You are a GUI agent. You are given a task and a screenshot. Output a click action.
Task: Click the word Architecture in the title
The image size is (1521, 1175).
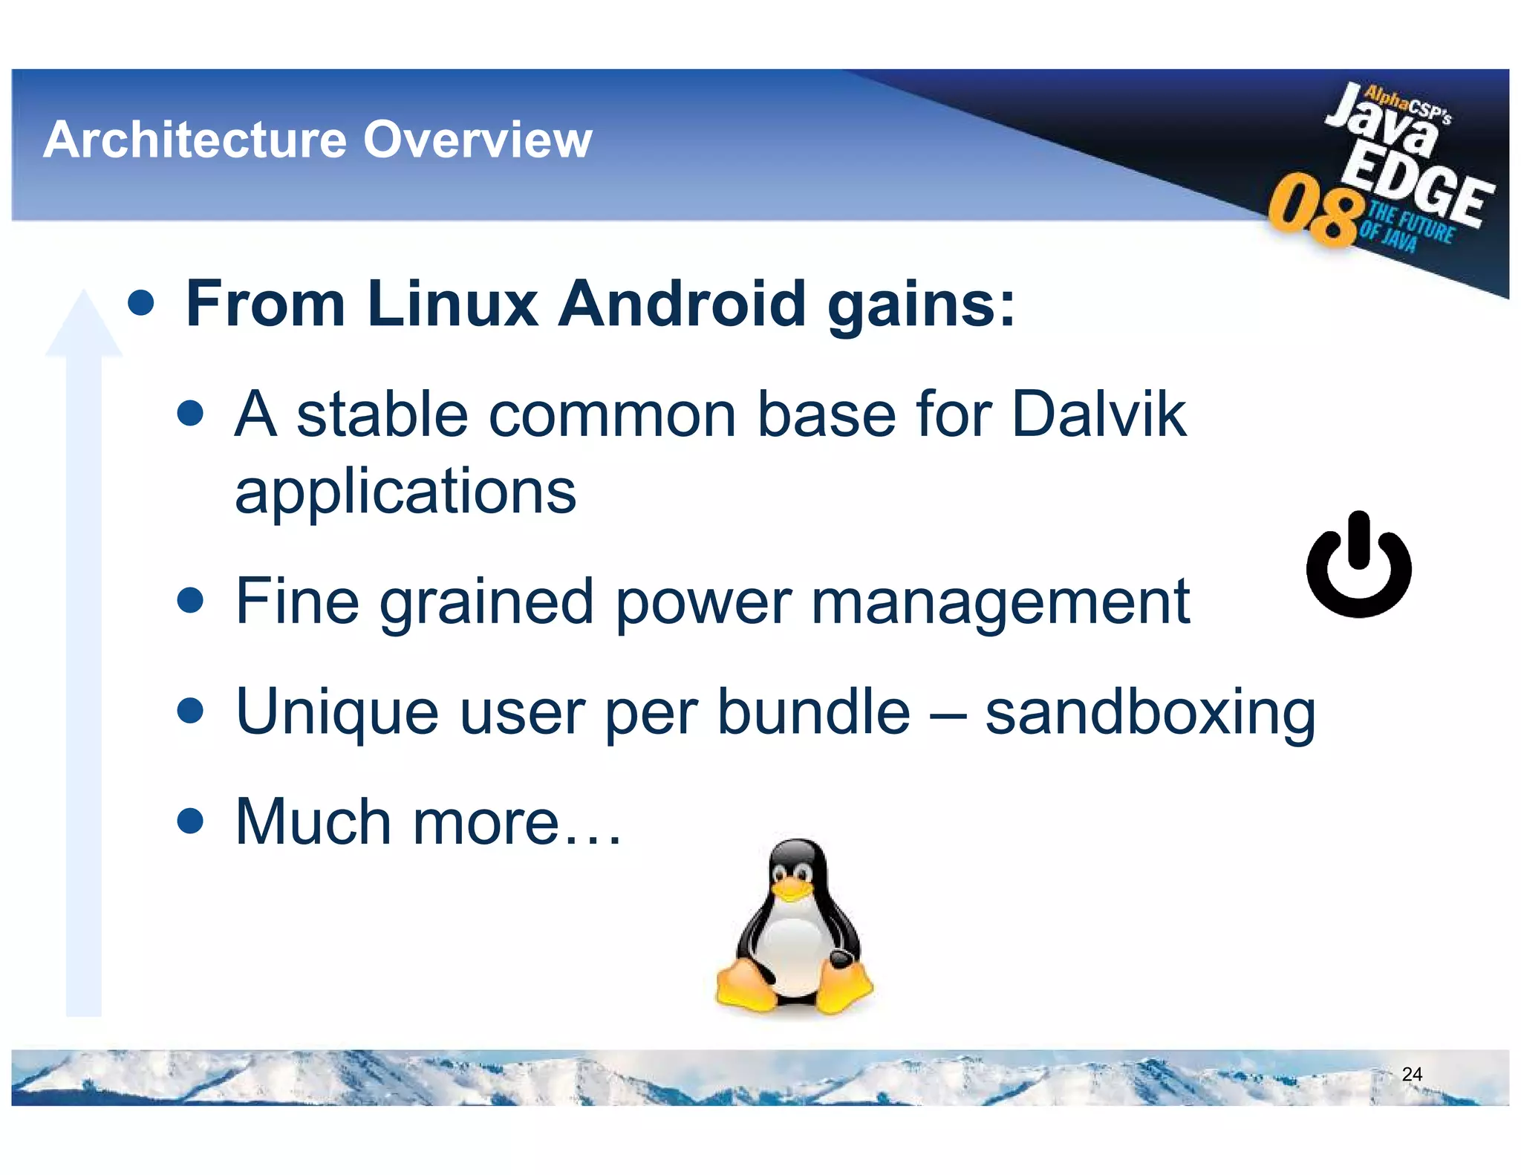(x=195, y=140)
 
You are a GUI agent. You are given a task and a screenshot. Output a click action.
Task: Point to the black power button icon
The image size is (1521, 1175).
(x=1358, y=566)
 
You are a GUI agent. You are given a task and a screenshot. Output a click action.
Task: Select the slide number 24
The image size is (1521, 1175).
(x=1411, y=1074)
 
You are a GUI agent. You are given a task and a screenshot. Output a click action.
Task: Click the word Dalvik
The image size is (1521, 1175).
(x=1098, y=414)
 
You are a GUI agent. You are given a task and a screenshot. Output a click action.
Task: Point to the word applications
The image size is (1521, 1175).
(x=406, y=492)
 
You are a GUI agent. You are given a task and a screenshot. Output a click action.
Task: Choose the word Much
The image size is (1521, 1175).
(x=313, y=822)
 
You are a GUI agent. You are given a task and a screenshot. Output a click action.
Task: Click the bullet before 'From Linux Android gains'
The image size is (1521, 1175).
(x=140, y=302)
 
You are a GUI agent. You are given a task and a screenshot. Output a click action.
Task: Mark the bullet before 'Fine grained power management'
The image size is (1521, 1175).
(x=191, y=600)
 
